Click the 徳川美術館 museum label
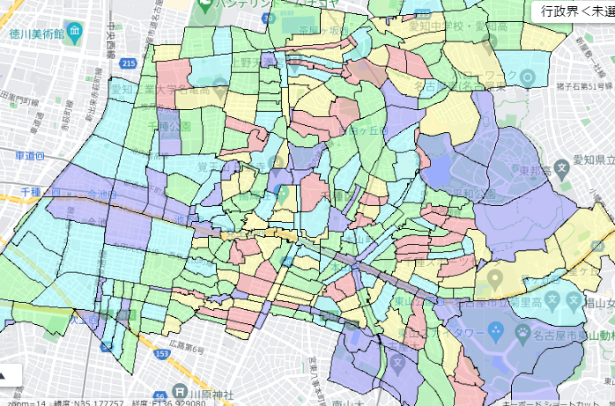30,34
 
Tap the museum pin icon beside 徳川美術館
72,33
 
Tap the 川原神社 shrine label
210,394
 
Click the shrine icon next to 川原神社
179,393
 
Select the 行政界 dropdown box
574,11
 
